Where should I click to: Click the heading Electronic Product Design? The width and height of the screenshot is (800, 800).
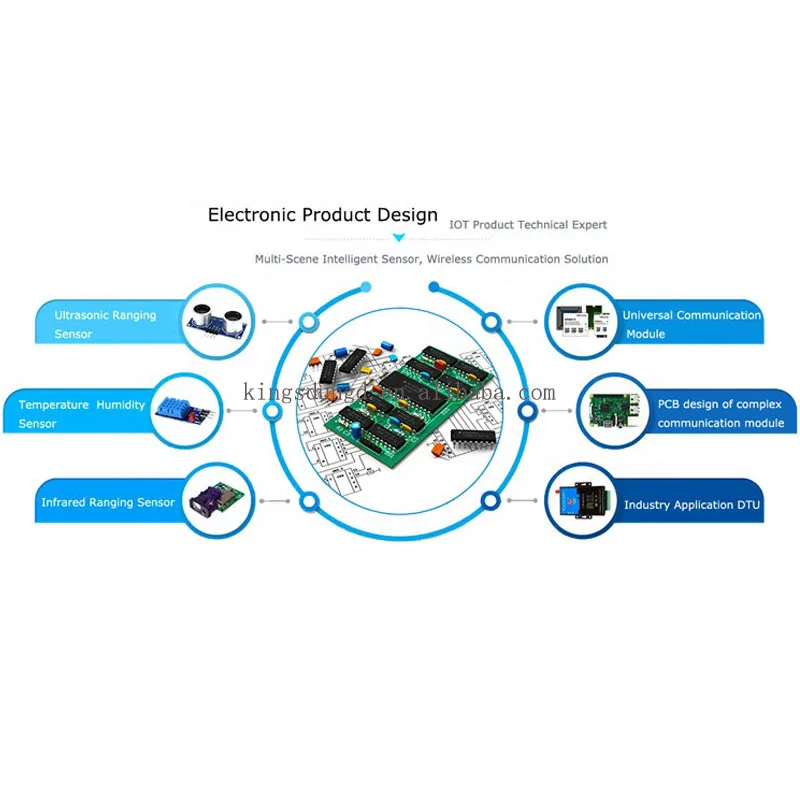pyautogui.click(x=322, y=214)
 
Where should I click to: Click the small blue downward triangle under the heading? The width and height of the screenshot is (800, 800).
pyautogui.click(x=399, y=238)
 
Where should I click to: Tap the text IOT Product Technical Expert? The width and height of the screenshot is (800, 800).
pyautogui.click(x=526, y=225)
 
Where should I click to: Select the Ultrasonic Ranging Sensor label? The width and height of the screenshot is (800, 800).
pyautogui.click(x=105, y=324)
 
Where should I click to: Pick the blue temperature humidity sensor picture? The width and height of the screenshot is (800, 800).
pyautogui.click(x=191, y=409)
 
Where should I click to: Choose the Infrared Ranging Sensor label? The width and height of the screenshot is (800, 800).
pyautogui.click(x=107, y=503)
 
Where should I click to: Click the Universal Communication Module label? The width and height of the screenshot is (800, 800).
pyautogui.click(x=690, y=324)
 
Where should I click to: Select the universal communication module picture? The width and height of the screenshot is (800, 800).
pyautogui.click(x=583, y=320)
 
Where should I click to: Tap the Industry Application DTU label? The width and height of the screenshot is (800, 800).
pyautogui.click(x=692, y=505)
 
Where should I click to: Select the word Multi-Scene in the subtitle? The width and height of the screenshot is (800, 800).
pyautogui.click(x=287, y=259)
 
